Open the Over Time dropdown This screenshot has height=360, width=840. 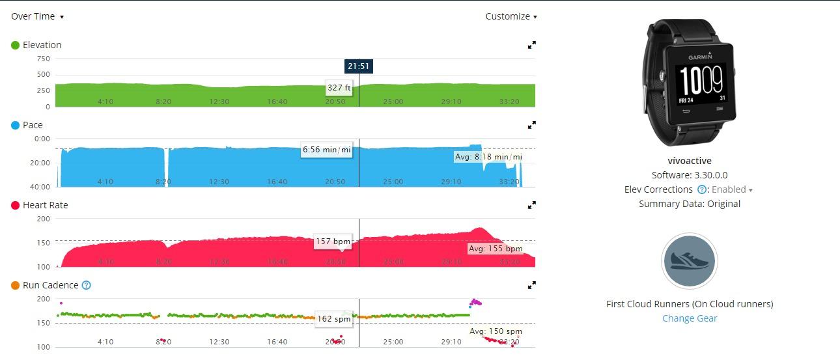click(x=37, y=16)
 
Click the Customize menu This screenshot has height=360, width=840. click(x=511, y=16)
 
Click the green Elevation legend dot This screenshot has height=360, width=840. click(x=15, y=45)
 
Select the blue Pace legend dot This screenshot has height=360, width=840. click(x=15, y=125)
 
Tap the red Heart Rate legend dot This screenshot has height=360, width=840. click(x=15, y=205)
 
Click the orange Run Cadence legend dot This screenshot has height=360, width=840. click(x=15, y=285)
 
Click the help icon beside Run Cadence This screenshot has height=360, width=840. click(x=87, y=285)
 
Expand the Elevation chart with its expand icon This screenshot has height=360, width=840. click(x=532, y=45)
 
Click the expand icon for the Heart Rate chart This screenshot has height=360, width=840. click(x=532, y=205)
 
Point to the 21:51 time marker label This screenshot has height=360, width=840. click(x=359, y=66)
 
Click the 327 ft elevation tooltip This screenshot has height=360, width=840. click(x=339, y=87)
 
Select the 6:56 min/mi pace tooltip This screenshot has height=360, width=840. click(x=326, y=150)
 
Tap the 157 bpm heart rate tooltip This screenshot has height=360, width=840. click(x=333, y=242)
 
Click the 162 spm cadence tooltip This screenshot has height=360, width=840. click(x=333, y=318)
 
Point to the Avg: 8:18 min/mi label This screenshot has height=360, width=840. click(x=488, y=157)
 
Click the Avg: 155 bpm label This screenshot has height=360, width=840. click(x=496, y=249)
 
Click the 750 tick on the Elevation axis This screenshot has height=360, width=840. click(x=43, y=59)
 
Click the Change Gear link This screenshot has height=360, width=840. click(x=690, y=318)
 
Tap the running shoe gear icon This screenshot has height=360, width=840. click(x=690, y=261)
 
